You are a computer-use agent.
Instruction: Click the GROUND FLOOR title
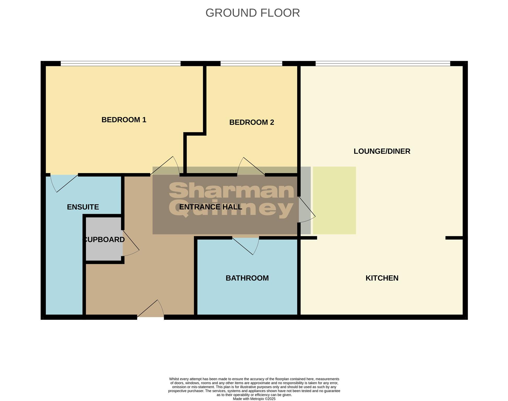point(252,13)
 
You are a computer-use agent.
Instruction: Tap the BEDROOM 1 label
point(124,120)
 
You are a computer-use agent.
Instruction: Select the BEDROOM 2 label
point(251,122)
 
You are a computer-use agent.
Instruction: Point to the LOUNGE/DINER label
point(382,151)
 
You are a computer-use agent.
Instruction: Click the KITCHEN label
point(382,278)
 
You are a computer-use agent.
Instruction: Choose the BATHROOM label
point(247,278)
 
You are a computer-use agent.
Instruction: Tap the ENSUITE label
point(83,207)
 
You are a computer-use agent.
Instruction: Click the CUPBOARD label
point(103,240)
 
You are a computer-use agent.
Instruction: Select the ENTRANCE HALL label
point(211,207)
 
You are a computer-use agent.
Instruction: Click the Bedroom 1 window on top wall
point(120,63)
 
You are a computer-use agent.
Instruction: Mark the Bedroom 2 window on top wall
point(251,63)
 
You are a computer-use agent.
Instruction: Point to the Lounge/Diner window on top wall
point(383,63)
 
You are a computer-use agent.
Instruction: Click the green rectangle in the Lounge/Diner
point(334,200)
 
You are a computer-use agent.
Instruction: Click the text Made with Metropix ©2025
point(254,399)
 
